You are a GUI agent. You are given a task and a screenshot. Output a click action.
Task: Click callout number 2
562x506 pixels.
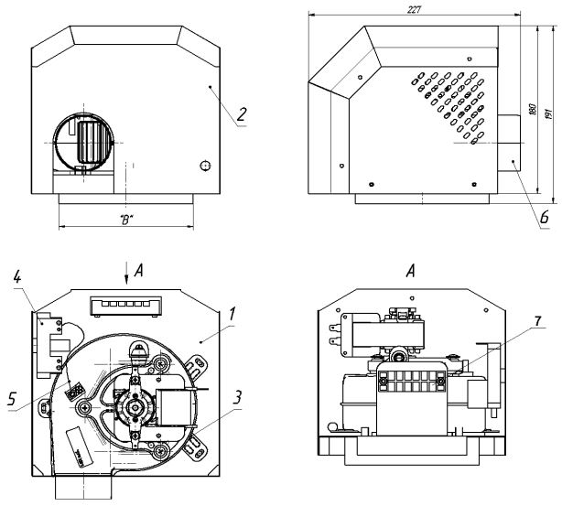coord(241,114)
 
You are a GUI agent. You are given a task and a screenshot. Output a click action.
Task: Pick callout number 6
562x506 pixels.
coord(544,217)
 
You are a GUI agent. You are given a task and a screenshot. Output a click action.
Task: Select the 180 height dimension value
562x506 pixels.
coord(533,108)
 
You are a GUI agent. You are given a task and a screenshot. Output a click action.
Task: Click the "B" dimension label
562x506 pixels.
coord(125,221)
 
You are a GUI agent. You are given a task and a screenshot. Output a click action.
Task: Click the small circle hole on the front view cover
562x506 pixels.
coord(205,164)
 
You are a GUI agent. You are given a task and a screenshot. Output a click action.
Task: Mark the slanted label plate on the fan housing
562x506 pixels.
coord(77,449)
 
